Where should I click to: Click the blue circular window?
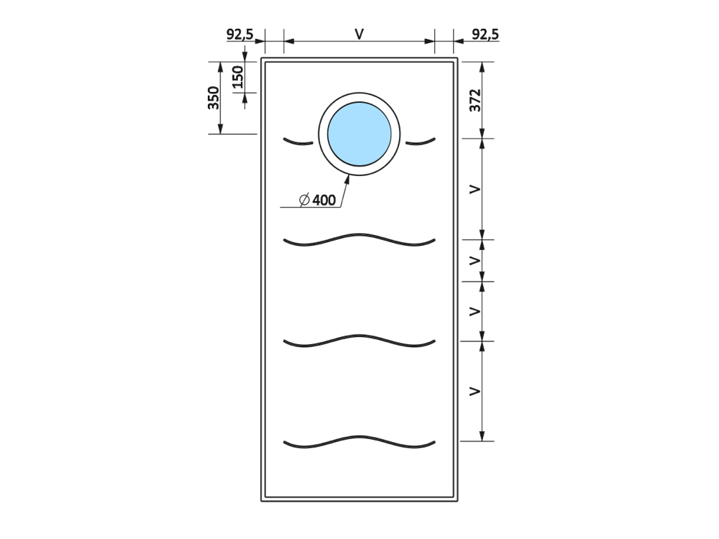click(x=359, y=134)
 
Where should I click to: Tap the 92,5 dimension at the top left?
click(x=240, y=34)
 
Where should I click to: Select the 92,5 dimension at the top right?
click(x=485, y=34)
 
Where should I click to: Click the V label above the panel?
click(x=359, y=34)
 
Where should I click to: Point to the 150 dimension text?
click(x=237, y=77)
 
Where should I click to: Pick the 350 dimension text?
click(x=214, y=98)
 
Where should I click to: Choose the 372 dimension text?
click(x=475, y=101)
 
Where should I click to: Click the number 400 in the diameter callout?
click(x=324, y=201)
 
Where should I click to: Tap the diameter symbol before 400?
click(x=304, y=201)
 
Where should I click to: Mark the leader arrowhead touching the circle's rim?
click(x=347, y=179)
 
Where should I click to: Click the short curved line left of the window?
click(x=298, y=142)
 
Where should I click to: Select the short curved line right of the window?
click(x=421, y=142)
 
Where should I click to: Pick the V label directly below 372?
click(x=475, y=189)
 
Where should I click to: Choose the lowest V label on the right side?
click(x=475, y=391)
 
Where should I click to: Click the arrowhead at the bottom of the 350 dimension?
click(x=220, y=129)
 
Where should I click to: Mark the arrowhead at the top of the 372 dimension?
click(x=482, y=68)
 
